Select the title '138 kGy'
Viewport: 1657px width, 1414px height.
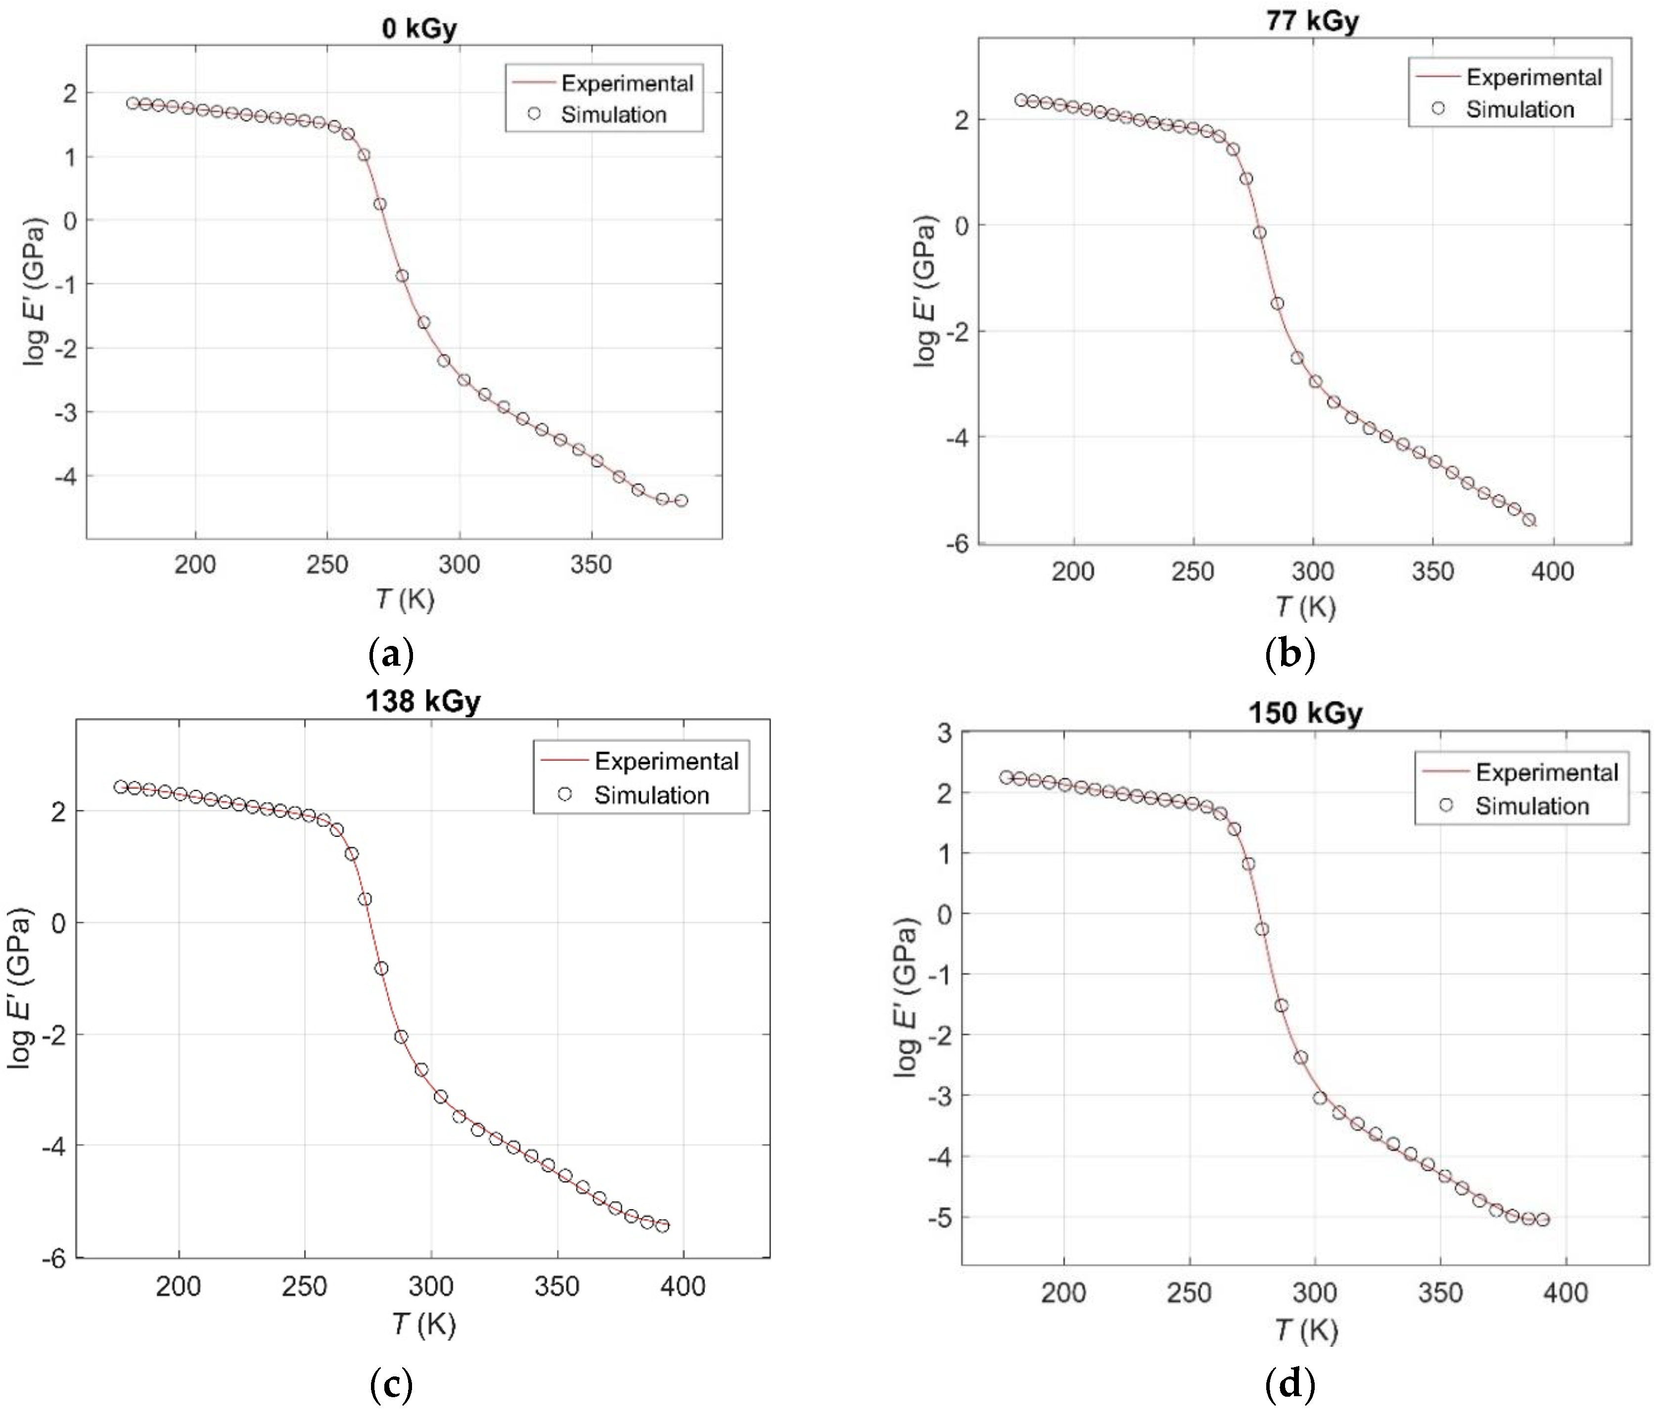423,701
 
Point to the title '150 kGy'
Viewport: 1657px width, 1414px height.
1305,713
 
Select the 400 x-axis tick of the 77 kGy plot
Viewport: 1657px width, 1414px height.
1552,571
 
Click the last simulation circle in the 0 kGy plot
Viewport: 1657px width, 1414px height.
681,501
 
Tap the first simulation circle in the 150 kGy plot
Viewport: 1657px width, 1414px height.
1006,777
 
